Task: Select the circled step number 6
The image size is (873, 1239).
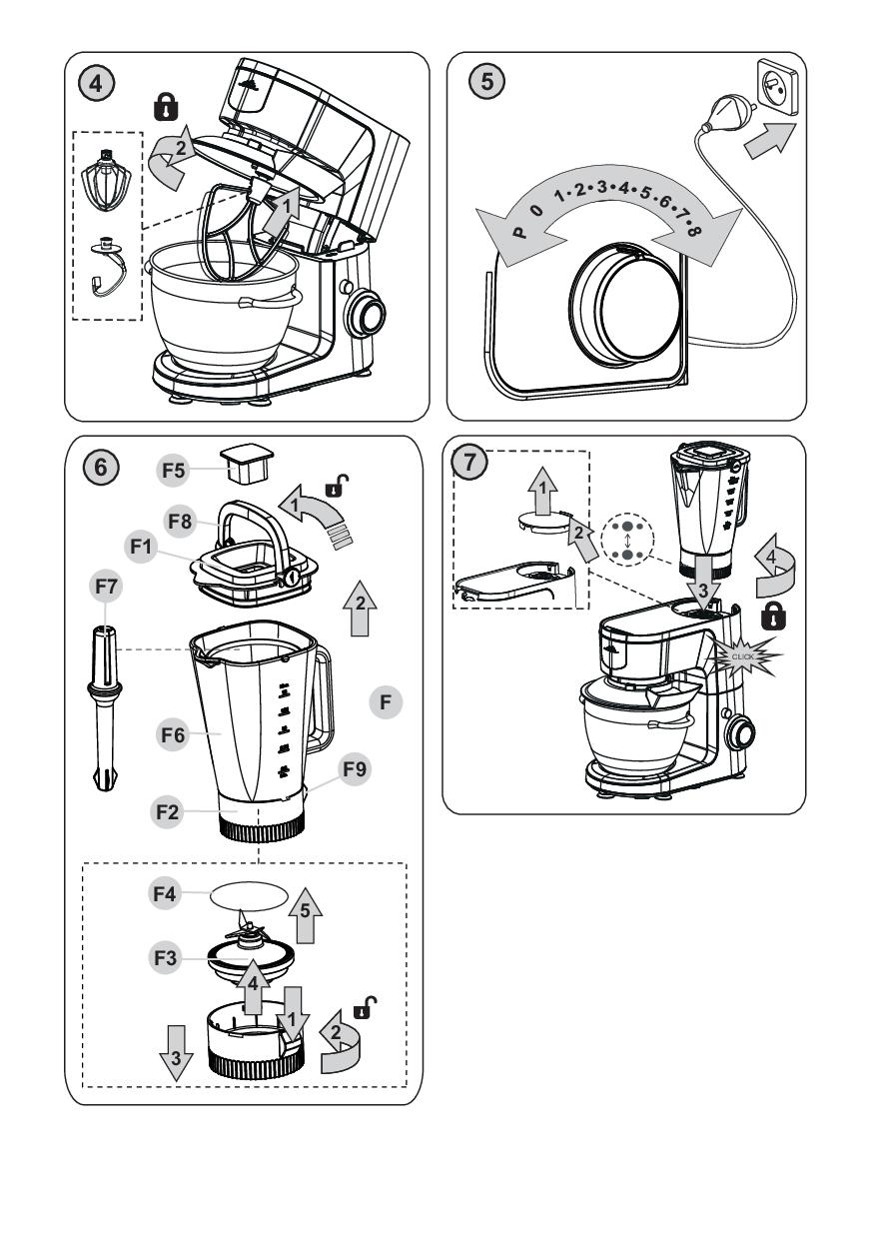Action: [x=97, y=466]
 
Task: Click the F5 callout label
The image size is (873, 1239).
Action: [x=174, y=466]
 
